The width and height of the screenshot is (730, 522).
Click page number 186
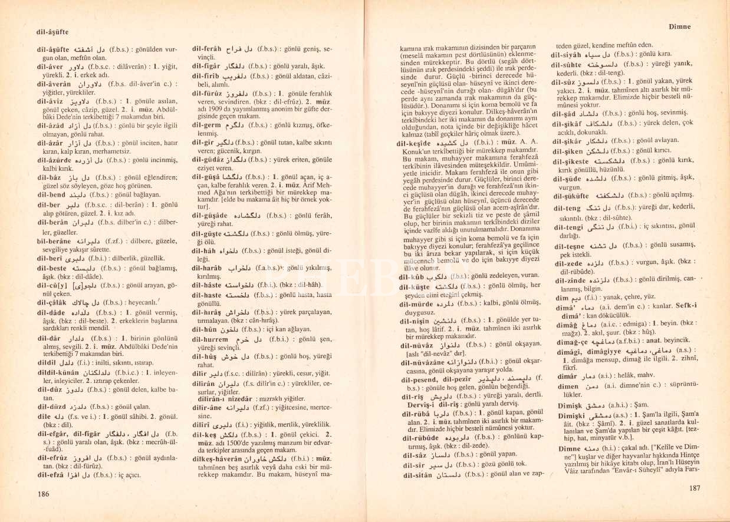[x=42, y=494]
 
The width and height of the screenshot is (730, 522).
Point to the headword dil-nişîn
[x=419, y=321]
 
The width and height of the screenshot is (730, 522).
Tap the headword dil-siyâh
[x=570, y=54]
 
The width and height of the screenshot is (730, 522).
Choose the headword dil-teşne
[x=570, y=246]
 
